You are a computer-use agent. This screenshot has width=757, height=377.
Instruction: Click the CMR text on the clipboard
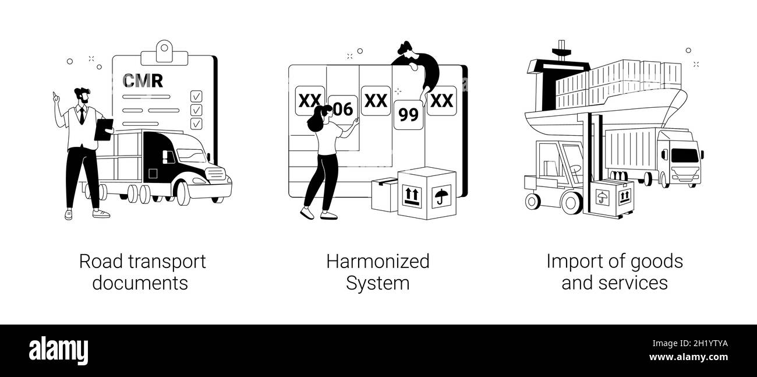(x=143, y=80)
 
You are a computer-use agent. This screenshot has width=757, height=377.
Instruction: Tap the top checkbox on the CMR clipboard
(x=196, y=96)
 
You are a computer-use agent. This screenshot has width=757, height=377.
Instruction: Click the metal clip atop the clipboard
(x=164, y=53)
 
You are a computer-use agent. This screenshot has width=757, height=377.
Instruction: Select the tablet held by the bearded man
(x=104, y=129)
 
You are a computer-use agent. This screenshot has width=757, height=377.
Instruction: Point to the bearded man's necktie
(x=82, y=116)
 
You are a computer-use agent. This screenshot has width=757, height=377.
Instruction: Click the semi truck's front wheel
(x=183, y=193)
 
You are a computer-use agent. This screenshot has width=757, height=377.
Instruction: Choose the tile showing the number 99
(x=409, y=115)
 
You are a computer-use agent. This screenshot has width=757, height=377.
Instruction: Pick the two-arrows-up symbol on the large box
(x=412, y=196)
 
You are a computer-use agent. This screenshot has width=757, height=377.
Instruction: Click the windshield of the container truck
(x=685, y=155)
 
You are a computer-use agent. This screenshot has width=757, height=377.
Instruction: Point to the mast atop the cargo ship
(x=561, y=51)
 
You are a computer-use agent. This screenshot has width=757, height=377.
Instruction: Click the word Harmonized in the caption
(x=378, y=262)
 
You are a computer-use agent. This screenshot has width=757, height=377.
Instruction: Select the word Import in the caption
(x=571, y=262)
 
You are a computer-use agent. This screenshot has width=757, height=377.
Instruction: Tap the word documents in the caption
(x=140, y=283)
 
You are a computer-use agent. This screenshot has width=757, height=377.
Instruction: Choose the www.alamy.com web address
(x=688, y=357)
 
